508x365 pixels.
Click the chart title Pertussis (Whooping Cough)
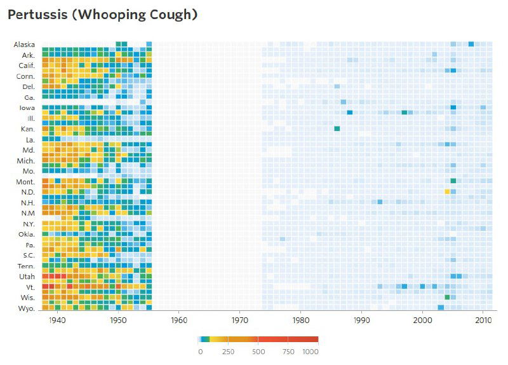pyautogui.click(x=102, y=15)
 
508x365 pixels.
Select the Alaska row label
pyautogui.click(x=23, y=45)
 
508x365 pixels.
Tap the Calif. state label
pyautogui.click(x=25, y=66)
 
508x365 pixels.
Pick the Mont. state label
pyautogui.click(x=25, y=182)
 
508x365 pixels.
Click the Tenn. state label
pyautogui.click(x=25, y=266)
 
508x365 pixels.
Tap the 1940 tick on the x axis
pyautogui.click(x=57, y=320)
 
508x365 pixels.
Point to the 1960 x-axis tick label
pyautogui.click(x=179, y=320)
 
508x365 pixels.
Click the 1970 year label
pyautogui.click(x=240, y=320)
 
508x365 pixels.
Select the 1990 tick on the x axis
pyautogui.click(x=362, y=320)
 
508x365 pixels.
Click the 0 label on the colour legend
pyautogui.click(x=200, y=352)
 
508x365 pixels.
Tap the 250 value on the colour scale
pyautogui.click(x=229, y=352)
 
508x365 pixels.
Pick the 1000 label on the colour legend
pyautogui.click(x=310, y=352)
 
